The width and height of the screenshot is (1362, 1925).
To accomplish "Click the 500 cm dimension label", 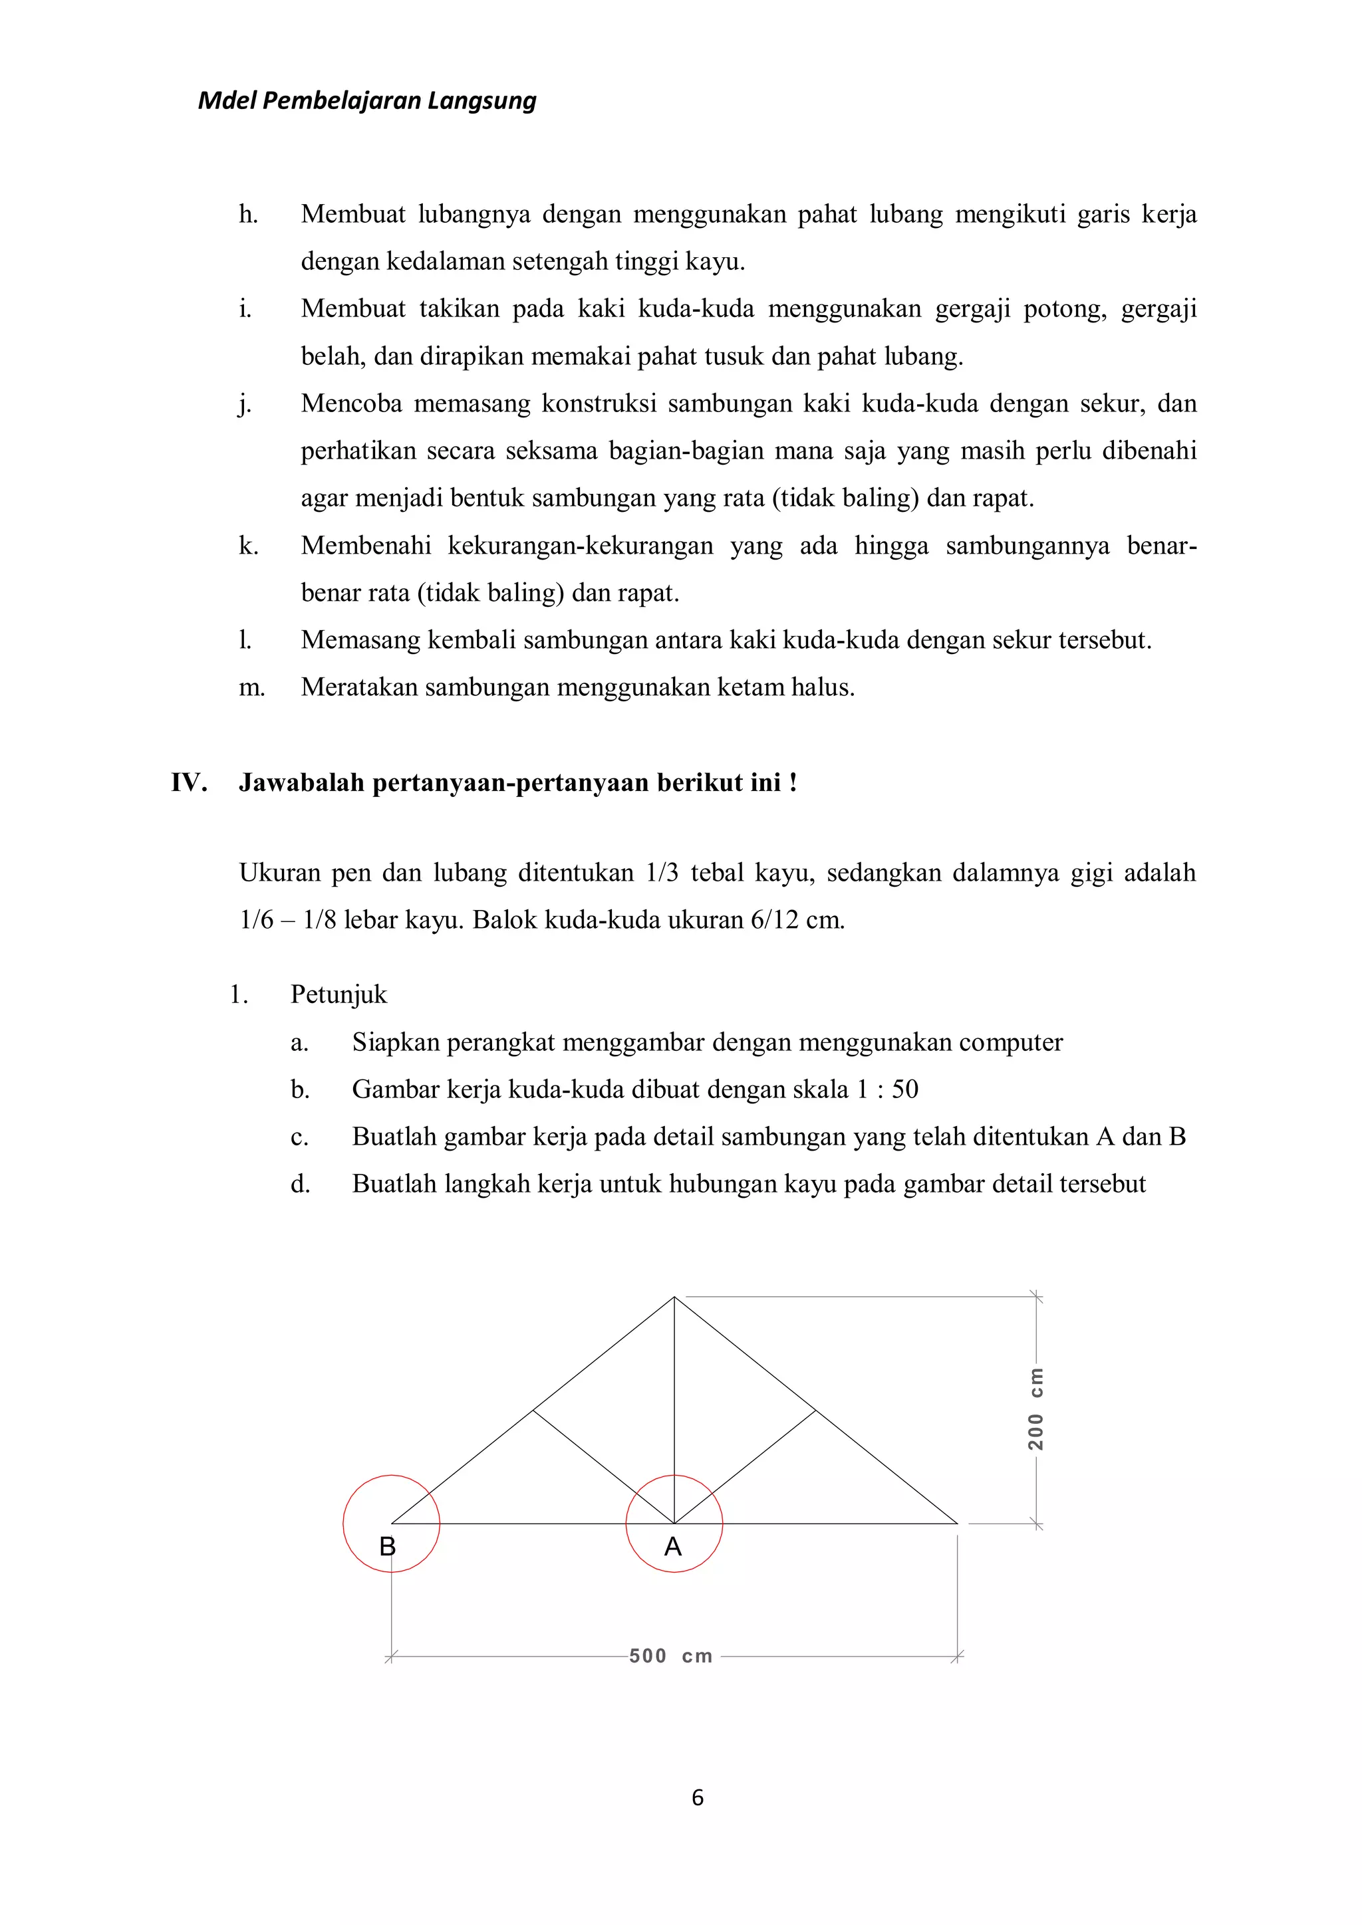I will (x=671, y=1656).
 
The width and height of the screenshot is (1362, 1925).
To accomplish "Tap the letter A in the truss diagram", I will (x=672, y=1547).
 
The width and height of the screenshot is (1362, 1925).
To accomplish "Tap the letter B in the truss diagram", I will (x=388, y=1547).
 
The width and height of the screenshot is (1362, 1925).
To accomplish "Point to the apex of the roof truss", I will (x=674, y=1297).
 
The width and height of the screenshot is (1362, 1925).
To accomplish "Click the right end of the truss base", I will (x=957, y=1523).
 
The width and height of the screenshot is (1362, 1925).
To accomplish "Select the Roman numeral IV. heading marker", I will (x=189, y=782).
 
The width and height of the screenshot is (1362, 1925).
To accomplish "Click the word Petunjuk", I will (x=339, y=994).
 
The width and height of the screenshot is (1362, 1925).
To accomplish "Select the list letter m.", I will (x=251, y=687).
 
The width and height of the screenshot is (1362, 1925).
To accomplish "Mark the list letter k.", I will (x=248, y=546).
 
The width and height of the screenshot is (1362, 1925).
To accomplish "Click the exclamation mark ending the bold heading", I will (x=793, y=782).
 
